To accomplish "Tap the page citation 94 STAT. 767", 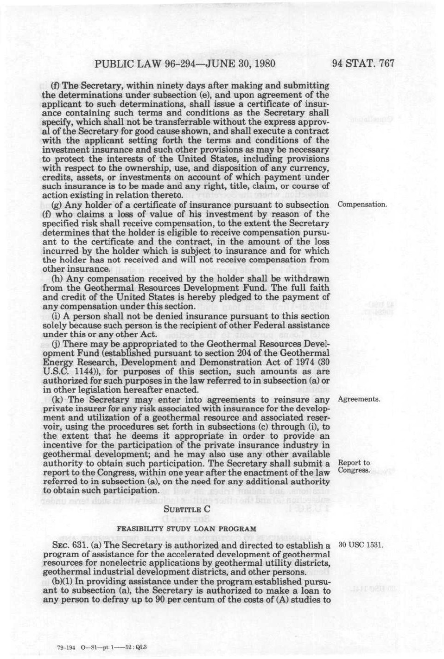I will (x=363, y=64).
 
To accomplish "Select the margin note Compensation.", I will (x=362, y=205).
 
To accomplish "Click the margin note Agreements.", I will (x=359, y=399).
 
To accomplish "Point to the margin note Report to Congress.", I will (x=354, y=467).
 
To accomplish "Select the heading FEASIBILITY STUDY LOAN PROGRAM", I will (x=186, y=529).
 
